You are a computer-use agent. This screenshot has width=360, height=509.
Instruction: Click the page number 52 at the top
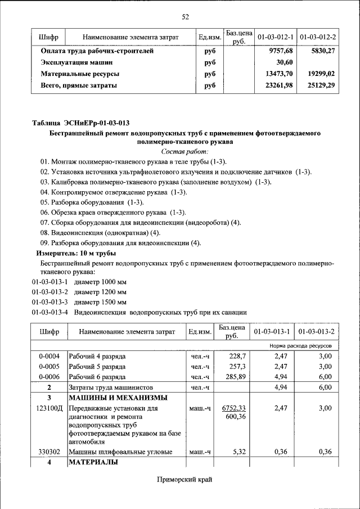click(185, 17)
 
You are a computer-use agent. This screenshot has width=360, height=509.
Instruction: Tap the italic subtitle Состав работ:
click(184, 152)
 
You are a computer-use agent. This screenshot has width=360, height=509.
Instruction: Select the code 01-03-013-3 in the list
click(49, 303)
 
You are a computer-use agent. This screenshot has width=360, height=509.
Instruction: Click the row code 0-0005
click(49, 367)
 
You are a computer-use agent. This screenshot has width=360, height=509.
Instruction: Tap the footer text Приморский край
click(184, 480)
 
